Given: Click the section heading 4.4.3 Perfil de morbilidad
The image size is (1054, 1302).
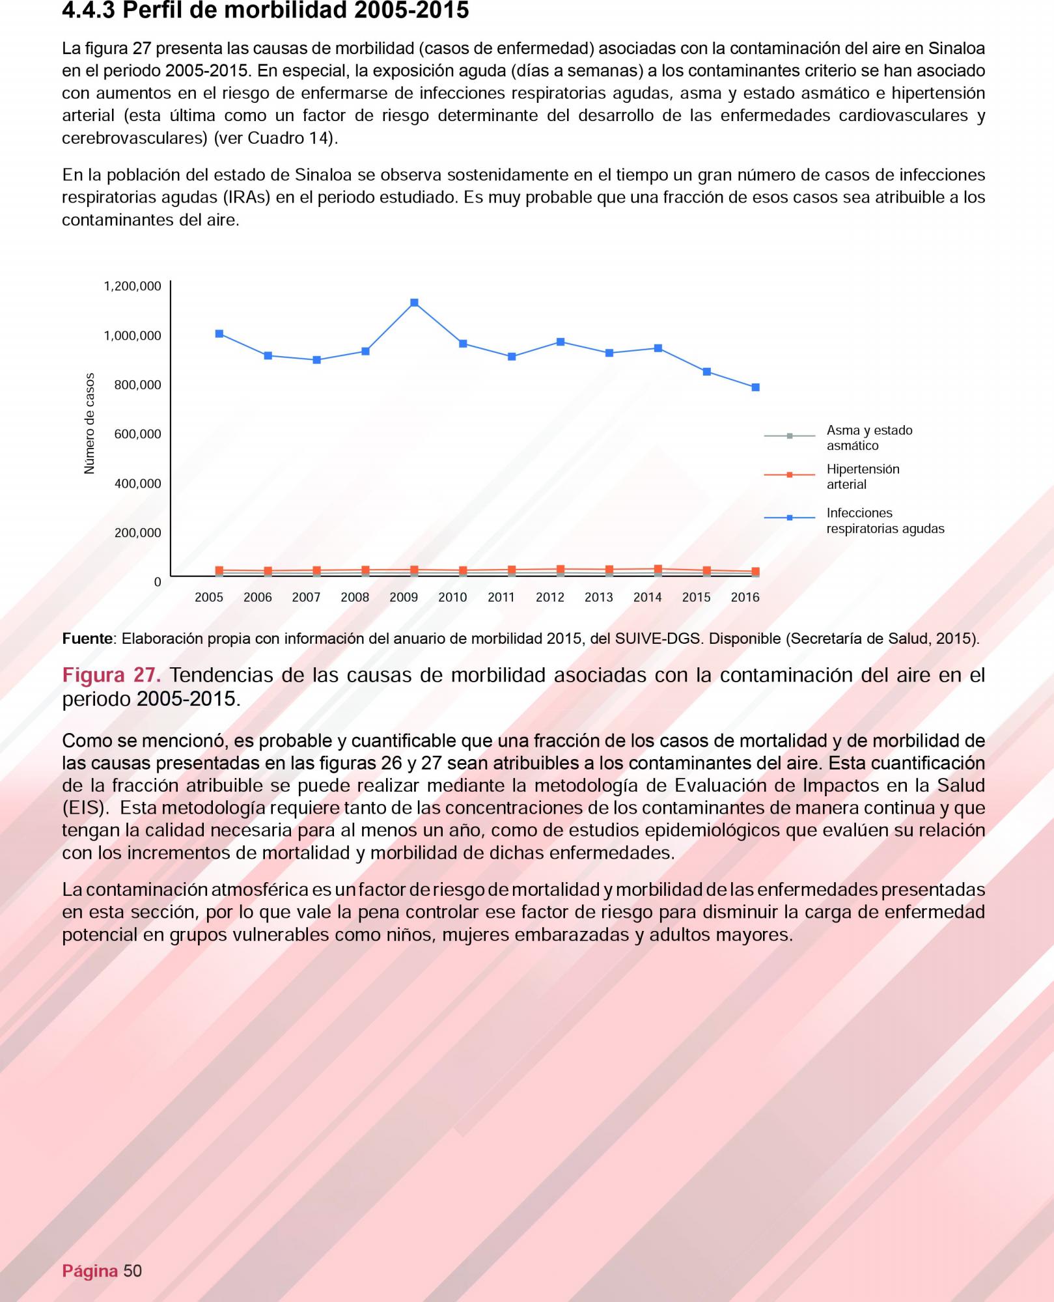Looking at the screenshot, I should pos(265,11).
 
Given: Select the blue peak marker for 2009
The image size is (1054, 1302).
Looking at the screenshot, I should pos(414,303).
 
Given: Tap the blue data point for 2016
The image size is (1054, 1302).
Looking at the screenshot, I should pos(755,387).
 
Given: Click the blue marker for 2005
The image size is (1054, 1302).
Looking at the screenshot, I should pos(219,334).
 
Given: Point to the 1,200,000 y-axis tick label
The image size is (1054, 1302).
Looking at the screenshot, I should pos(132,286).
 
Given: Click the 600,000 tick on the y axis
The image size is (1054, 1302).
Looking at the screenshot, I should pos(137,434).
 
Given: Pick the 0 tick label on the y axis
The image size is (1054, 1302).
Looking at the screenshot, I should pos(157,582).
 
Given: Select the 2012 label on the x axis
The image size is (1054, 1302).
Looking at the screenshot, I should pos(549,598).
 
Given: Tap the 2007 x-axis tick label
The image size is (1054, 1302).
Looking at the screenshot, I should pos(306,598).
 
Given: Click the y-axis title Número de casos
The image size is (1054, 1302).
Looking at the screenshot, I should pos(90,423).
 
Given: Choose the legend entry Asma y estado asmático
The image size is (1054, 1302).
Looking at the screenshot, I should pos(869,438).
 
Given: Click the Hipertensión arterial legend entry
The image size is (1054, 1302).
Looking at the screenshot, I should pos(863,477).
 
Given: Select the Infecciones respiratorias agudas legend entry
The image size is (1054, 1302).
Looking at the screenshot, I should pos(885,521).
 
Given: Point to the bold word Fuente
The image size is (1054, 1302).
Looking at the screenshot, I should pos(87,639).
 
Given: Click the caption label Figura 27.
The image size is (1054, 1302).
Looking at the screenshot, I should pos(111,675).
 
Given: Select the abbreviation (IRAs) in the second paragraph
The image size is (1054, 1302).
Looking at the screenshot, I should pos(246,197).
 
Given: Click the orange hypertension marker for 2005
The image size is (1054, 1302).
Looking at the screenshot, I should pos(219,570).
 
